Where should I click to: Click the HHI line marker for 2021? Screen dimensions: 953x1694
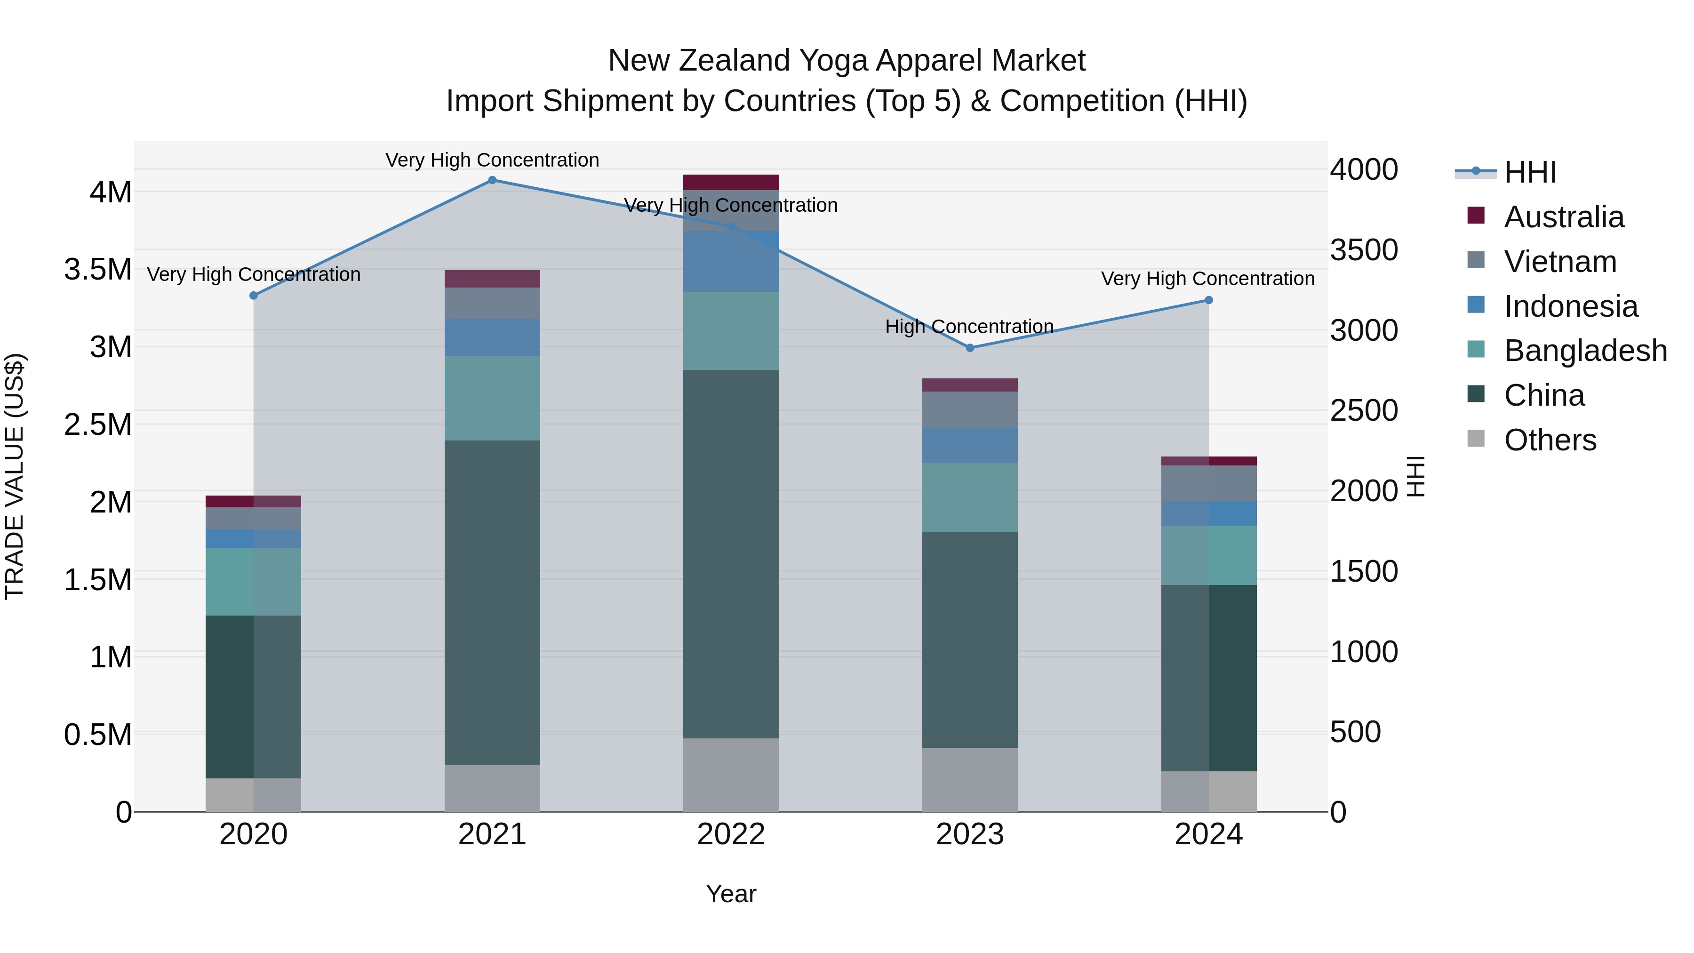point(492,180)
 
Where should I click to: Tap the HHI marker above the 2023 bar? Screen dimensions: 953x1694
point(969,348)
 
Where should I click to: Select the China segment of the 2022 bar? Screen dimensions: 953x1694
point(731,554)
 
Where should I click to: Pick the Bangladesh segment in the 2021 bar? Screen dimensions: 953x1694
point(492,399)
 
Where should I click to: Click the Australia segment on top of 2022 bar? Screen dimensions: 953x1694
point(731,182)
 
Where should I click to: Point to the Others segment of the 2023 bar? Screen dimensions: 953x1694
point(969,779)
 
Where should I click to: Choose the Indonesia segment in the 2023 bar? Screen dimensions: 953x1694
point(969,445)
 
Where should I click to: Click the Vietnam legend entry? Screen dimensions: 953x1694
point(1559,262)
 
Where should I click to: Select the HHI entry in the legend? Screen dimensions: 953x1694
point(1530,172)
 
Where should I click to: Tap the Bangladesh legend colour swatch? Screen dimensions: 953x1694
point(1476,349)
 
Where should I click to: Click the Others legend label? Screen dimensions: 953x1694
point(1550,440)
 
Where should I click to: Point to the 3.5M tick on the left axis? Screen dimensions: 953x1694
point(97,270)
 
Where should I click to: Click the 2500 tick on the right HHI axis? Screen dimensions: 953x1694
point(1363,411)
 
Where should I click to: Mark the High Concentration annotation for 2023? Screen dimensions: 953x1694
point(969,327)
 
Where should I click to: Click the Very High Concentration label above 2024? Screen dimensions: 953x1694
point(1207,279)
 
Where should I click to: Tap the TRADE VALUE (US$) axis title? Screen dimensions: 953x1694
point(15,476)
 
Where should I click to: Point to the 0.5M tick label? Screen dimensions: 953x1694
point(97,735)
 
